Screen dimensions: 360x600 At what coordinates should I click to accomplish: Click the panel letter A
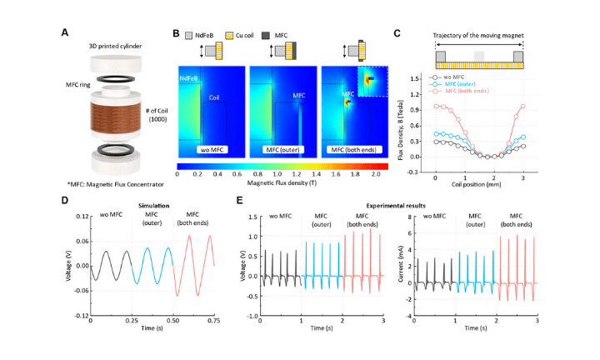[x=65, y=32]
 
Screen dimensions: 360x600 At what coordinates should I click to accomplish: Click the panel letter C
[x=397, y=32]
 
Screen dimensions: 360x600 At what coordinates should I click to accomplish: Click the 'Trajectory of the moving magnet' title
[x=478, y=35]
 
